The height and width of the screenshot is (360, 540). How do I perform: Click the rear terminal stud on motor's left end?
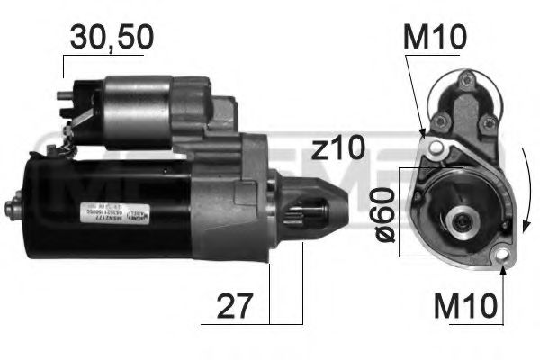pyautogui.click(x=15, y=204)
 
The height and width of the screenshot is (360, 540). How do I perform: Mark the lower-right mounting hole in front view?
pyautogui.click(x=503, y=262)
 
